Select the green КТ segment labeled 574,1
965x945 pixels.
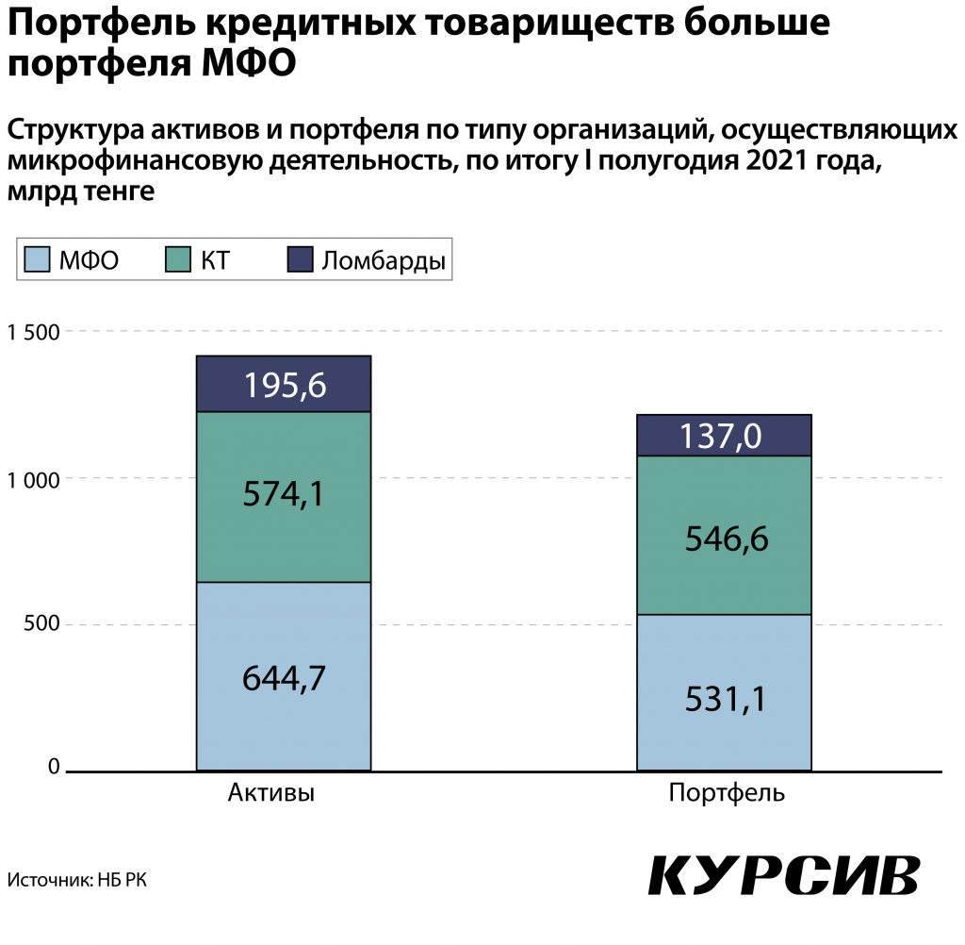(x=284, y=496)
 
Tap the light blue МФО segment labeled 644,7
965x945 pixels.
(x=284, y=676)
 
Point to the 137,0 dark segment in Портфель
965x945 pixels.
(x=724, y=436)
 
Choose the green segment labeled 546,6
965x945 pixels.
(x=724, y=536)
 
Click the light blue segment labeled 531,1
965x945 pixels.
(x=724, y=692)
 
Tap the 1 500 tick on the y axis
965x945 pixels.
(x=33, y=333)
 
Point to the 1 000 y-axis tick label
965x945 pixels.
(x=33, y=480)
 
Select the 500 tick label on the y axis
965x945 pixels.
(x=41, y=622)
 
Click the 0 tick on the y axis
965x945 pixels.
(x=54, y=767)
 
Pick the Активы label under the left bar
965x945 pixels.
(x=271, y=792)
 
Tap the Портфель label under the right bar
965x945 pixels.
(x=727, y=793)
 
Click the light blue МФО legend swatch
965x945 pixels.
(x=37, y=259)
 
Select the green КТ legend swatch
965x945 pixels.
(x=178, y=259)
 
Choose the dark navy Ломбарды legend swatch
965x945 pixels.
(x=301, y=259)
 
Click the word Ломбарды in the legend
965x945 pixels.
(x=384, y=261)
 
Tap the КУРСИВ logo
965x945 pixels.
(x=784, y=875)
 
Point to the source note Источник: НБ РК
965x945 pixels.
(x=77, y=880)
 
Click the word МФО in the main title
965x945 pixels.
(x=249, y=63)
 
